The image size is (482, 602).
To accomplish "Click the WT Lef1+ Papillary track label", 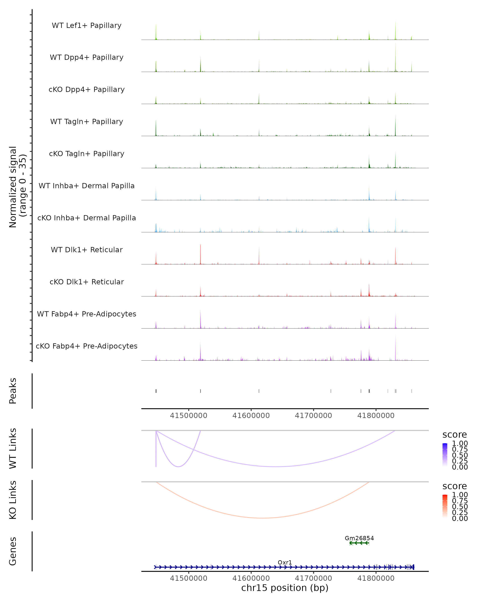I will (87, 25).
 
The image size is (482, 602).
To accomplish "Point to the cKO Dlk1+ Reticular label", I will (87, 282).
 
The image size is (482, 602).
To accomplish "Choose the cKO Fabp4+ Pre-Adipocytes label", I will (87, 346).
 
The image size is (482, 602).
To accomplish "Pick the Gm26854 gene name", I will (359, 538).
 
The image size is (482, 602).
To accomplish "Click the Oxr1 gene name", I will (285, 562).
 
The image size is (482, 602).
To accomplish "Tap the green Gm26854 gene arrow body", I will (359, 543).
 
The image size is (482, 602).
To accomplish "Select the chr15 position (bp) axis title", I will (285, 588).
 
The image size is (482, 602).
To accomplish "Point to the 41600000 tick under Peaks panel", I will (251, 416).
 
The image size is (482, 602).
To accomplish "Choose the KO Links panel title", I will (13, 500).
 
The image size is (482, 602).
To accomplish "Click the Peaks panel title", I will (13, 391).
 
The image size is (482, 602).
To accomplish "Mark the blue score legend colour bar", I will (445, 455).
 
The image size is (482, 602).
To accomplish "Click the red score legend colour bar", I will (445, 506).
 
